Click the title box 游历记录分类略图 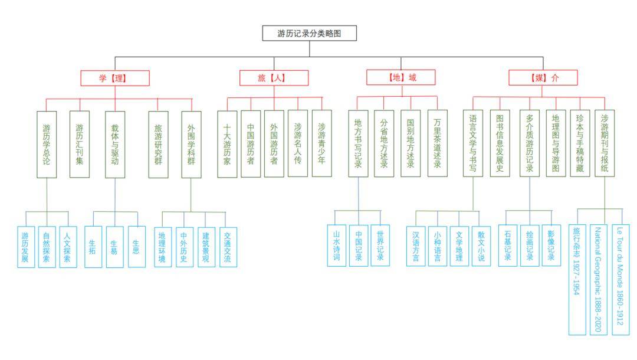point(310,33)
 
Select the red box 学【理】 point(115,78)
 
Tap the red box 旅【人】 point(274,78)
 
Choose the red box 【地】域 point(401,77)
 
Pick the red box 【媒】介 point(543,78)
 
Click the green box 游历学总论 point(47,145)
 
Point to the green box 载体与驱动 point(115,145)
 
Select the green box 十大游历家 point(227,144)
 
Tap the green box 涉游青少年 point(322,143)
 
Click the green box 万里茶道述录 point(438,143)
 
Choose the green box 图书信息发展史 point(500,143)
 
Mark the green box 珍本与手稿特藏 point(580,143)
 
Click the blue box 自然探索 point(47,247)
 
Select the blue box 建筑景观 point(206,247)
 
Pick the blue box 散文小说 point(481,246)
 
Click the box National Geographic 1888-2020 point(599,280)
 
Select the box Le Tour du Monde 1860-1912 point(620,280)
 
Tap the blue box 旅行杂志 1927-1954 point(577,280)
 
